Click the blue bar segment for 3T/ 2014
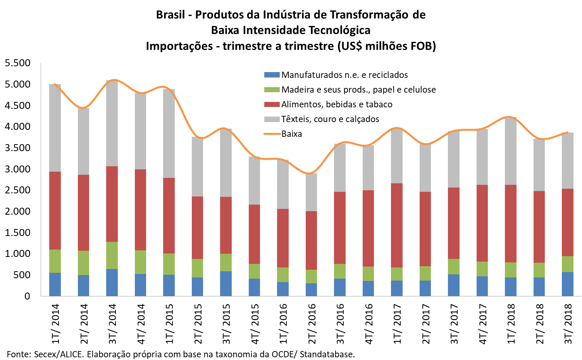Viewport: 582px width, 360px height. pos(112,282)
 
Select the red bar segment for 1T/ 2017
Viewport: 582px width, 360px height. pos(397,225)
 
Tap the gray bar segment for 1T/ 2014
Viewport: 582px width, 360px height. pos(55,128)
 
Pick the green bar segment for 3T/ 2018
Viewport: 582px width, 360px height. pos(568,264)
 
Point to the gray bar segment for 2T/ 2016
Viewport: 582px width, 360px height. pos(311,192)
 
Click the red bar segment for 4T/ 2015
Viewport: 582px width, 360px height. pos(254,234)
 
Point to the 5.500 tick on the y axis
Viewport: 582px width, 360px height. pos(17,63)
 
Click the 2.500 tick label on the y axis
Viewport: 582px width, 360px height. pos(17,190)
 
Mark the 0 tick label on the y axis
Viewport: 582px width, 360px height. pos(27,296)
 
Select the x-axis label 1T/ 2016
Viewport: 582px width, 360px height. pos(283,324)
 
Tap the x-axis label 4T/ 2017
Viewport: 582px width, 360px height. pos(482,324)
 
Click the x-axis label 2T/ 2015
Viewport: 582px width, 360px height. pos(198,324)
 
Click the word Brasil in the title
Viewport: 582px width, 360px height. pos(170,15)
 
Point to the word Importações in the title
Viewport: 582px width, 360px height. pos(179,46)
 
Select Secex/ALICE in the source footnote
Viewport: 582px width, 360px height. pos(59,354)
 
